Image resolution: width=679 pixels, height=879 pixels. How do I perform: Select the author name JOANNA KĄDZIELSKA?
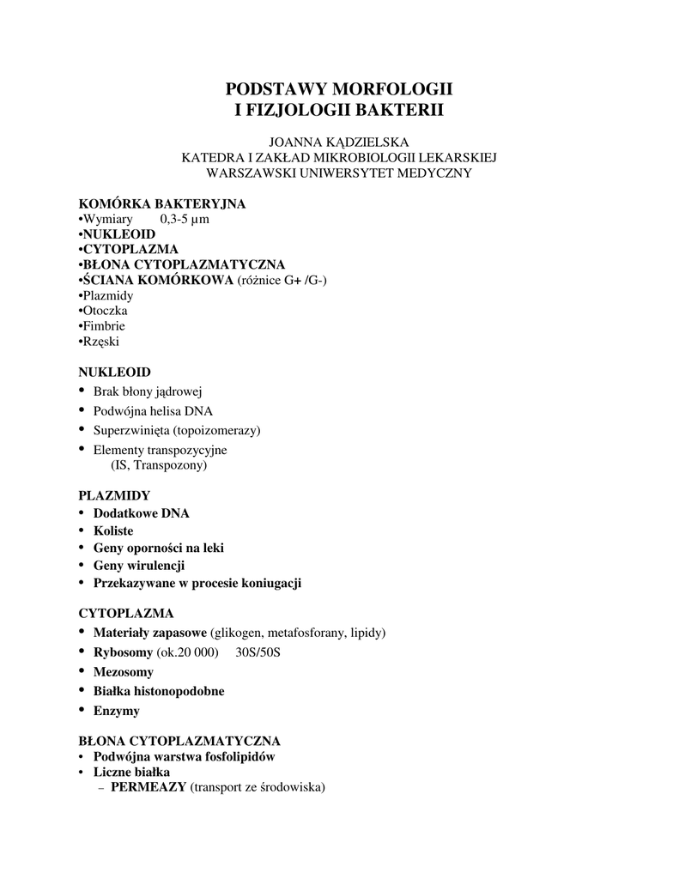point(339,142)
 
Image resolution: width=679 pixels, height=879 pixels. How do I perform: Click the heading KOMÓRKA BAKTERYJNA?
point(162,203)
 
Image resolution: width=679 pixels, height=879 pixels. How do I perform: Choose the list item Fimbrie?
point(102,326)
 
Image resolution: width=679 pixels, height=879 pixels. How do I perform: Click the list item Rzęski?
point(100,342)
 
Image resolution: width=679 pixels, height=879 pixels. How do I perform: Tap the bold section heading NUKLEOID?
point(115,373)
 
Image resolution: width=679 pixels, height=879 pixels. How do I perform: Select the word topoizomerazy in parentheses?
point(216,430)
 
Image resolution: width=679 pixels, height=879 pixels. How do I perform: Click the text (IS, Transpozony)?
point(159,466)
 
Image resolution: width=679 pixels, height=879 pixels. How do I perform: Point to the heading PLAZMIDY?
point(114,496)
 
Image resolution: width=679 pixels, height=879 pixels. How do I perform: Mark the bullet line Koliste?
point(113,531)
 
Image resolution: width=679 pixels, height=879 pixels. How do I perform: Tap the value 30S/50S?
point(258,653)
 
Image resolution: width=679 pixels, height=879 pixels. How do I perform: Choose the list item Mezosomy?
point(124,672)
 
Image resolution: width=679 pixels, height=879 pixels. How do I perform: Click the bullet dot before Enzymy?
point(82,710)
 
